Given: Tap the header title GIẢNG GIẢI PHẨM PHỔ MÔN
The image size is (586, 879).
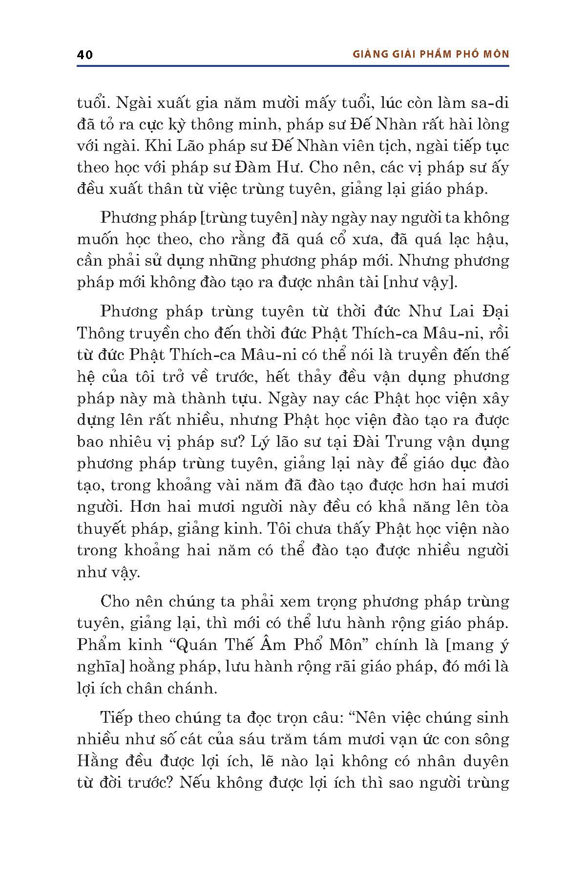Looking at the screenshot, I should coord(431,54).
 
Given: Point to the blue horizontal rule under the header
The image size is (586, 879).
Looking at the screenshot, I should coord(293,65).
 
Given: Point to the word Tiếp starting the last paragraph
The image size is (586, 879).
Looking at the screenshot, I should coord(116,717).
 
